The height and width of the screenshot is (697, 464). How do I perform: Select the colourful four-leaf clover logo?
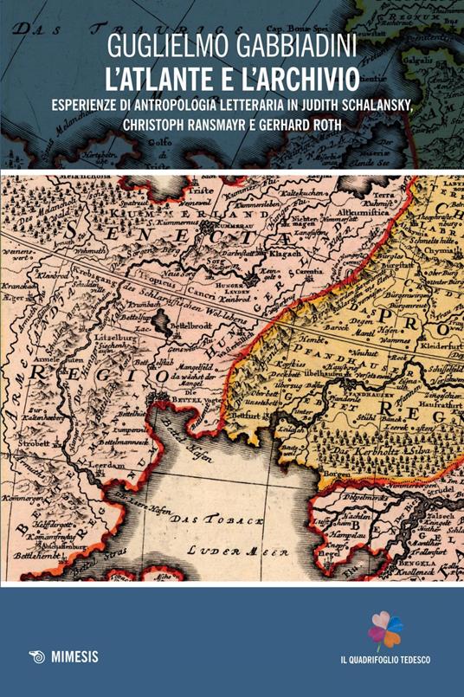386,630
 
